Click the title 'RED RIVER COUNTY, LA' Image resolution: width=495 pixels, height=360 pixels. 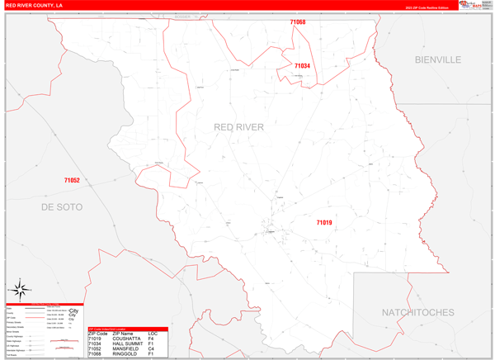35,5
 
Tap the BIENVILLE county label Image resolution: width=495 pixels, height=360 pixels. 438,59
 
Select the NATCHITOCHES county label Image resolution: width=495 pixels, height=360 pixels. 418,312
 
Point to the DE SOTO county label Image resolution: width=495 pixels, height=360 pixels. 62,207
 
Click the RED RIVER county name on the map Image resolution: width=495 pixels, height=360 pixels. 239,127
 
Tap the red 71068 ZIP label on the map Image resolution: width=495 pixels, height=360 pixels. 298,22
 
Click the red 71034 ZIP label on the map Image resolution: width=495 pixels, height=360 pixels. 302,66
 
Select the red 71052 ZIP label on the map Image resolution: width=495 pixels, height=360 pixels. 72,180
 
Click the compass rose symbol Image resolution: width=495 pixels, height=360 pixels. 20,291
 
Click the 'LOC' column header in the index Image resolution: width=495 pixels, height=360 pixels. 153,333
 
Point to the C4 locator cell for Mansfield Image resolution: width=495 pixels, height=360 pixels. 151,350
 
